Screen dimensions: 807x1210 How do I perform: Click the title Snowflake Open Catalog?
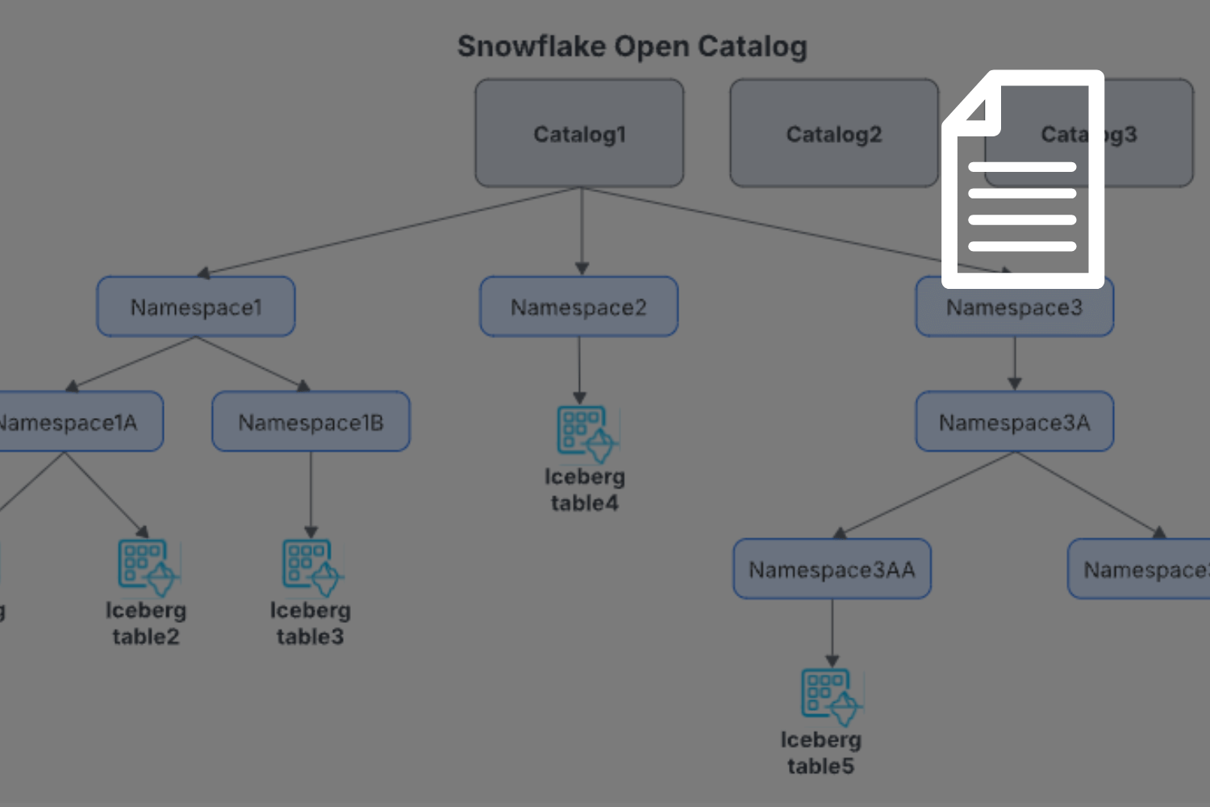coord(632,47)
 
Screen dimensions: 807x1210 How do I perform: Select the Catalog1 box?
coord(579,133)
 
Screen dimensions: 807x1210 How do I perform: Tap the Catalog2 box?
coord(834,133)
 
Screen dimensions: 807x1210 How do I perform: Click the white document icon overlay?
coord(1023,179)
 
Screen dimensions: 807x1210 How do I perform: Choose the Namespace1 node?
coord(196,307)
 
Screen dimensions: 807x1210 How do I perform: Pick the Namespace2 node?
coord(579,307)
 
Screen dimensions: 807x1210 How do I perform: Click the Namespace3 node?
coord(1015,308)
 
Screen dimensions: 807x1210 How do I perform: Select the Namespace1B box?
coord(311,422)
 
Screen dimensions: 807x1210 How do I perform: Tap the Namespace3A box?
coord(1015,422)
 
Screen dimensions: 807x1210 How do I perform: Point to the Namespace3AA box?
coord(832,570)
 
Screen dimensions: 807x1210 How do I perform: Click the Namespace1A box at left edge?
coord(73,422)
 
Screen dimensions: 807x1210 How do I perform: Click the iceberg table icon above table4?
coord(586,433)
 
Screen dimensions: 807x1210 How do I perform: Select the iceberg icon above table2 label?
coord(148,566)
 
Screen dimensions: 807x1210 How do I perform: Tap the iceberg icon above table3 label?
coord(312,566)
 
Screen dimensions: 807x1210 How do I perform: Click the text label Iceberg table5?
coord(820,752)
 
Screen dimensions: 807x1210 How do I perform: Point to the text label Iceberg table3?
coord(311,623)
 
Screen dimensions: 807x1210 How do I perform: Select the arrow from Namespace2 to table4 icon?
coord(579,367)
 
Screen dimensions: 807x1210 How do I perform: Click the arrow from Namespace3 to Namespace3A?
coord(1015,363)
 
